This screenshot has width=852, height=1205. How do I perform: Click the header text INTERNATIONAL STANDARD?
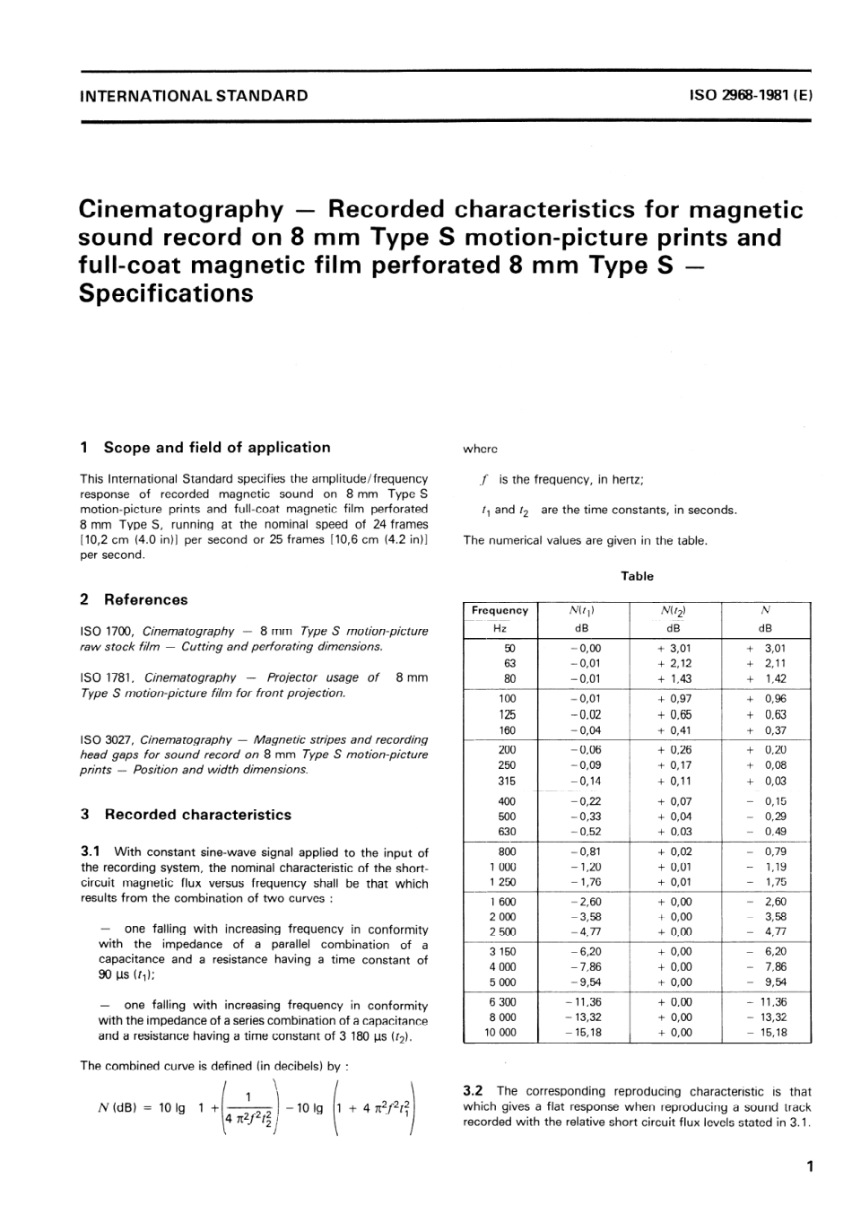194,95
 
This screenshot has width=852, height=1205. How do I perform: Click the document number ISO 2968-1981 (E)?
751,95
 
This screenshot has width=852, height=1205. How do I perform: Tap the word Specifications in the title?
167,293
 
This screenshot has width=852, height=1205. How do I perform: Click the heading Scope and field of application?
217,448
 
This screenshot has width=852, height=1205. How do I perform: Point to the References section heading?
145,599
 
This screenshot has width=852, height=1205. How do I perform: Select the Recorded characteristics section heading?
197,815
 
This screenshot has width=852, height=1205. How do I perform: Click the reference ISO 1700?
108,632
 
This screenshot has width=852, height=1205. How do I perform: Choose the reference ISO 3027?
108,740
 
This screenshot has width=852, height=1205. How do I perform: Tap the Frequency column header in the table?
500,611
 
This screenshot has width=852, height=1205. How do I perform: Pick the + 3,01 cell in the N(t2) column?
674,648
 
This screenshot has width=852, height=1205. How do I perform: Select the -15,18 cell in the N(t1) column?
584,1033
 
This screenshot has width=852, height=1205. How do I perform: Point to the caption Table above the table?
637,577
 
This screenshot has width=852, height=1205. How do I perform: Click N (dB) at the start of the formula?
116,1108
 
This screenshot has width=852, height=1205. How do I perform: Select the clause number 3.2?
474,1092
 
